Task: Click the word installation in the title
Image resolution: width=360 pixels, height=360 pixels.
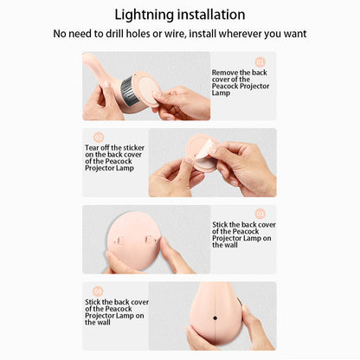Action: (x=211, y=15)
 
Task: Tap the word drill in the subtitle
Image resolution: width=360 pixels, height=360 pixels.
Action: (x=115, y=34)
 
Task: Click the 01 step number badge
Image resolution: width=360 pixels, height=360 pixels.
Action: (x=260, y=62)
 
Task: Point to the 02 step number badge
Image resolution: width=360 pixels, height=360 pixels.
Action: (x=99, y=137)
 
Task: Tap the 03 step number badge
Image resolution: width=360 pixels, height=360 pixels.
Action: (x=260, y=214)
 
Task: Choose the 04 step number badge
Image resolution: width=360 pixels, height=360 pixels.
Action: (x=98, y=291)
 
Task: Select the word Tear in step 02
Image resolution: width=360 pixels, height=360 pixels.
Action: (x=92, y=148)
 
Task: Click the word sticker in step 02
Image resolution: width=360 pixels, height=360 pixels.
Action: (x=134, y=148)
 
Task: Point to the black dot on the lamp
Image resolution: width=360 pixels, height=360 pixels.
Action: (x=215, y=318)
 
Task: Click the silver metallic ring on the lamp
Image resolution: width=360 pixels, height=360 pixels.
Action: (x=129, y=91)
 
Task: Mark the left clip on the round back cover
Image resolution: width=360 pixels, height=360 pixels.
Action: (x=119, y=241)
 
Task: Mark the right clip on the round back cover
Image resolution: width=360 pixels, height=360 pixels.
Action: (x=150, y=240)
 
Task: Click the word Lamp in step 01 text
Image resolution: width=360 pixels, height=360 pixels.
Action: (x=221, y=93)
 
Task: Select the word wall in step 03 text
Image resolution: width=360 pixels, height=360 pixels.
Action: (x=229, y=245)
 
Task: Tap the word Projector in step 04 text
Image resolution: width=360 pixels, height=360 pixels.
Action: (x=99, y=316)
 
